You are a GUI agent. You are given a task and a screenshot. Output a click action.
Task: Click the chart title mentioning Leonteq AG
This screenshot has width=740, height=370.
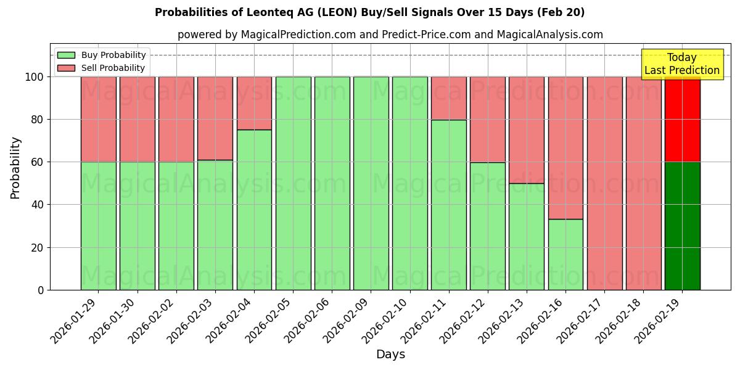tap(369, 12)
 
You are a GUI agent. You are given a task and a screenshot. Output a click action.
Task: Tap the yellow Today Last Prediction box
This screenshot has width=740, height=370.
tap(681, 64)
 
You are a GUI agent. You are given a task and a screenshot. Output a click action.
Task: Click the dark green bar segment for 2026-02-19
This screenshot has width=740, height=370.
tap(682, 226)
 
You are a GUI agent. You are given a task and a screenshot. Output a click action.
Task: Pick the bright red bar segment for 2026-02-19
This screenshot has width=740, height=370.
tap(682, 120)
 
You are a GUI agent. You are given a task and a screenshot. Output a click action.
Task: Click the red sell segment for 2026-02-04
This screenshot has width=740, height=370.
tap(254, 103)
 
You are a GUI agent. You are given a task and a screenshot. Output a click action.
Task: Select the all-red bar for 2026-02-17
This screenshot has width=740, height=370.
tap(604, 183)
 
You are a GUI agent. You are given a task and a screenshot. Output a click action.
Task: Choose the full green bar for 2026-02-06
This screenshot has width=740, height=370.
tap(332, 183)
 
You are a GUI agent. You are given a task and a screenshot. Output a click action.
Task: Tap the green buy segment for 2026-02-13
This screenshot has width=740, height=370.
tap(527, 236)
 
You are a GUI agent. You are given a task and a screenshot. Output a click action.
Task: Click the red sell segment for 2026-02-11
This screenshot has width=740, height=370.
tap(448, 98)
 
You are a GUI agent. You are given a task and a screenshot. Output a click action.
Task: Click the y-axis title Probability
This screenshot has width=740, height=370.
tap(15, 167)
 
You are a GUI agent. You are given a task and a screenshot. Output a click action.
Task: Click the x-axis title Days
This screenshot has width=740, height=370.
tap(390, 355)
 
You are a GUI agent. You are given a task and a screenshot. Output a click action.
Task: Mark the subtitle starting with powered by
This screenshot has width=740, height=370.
tap(390, 35)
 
